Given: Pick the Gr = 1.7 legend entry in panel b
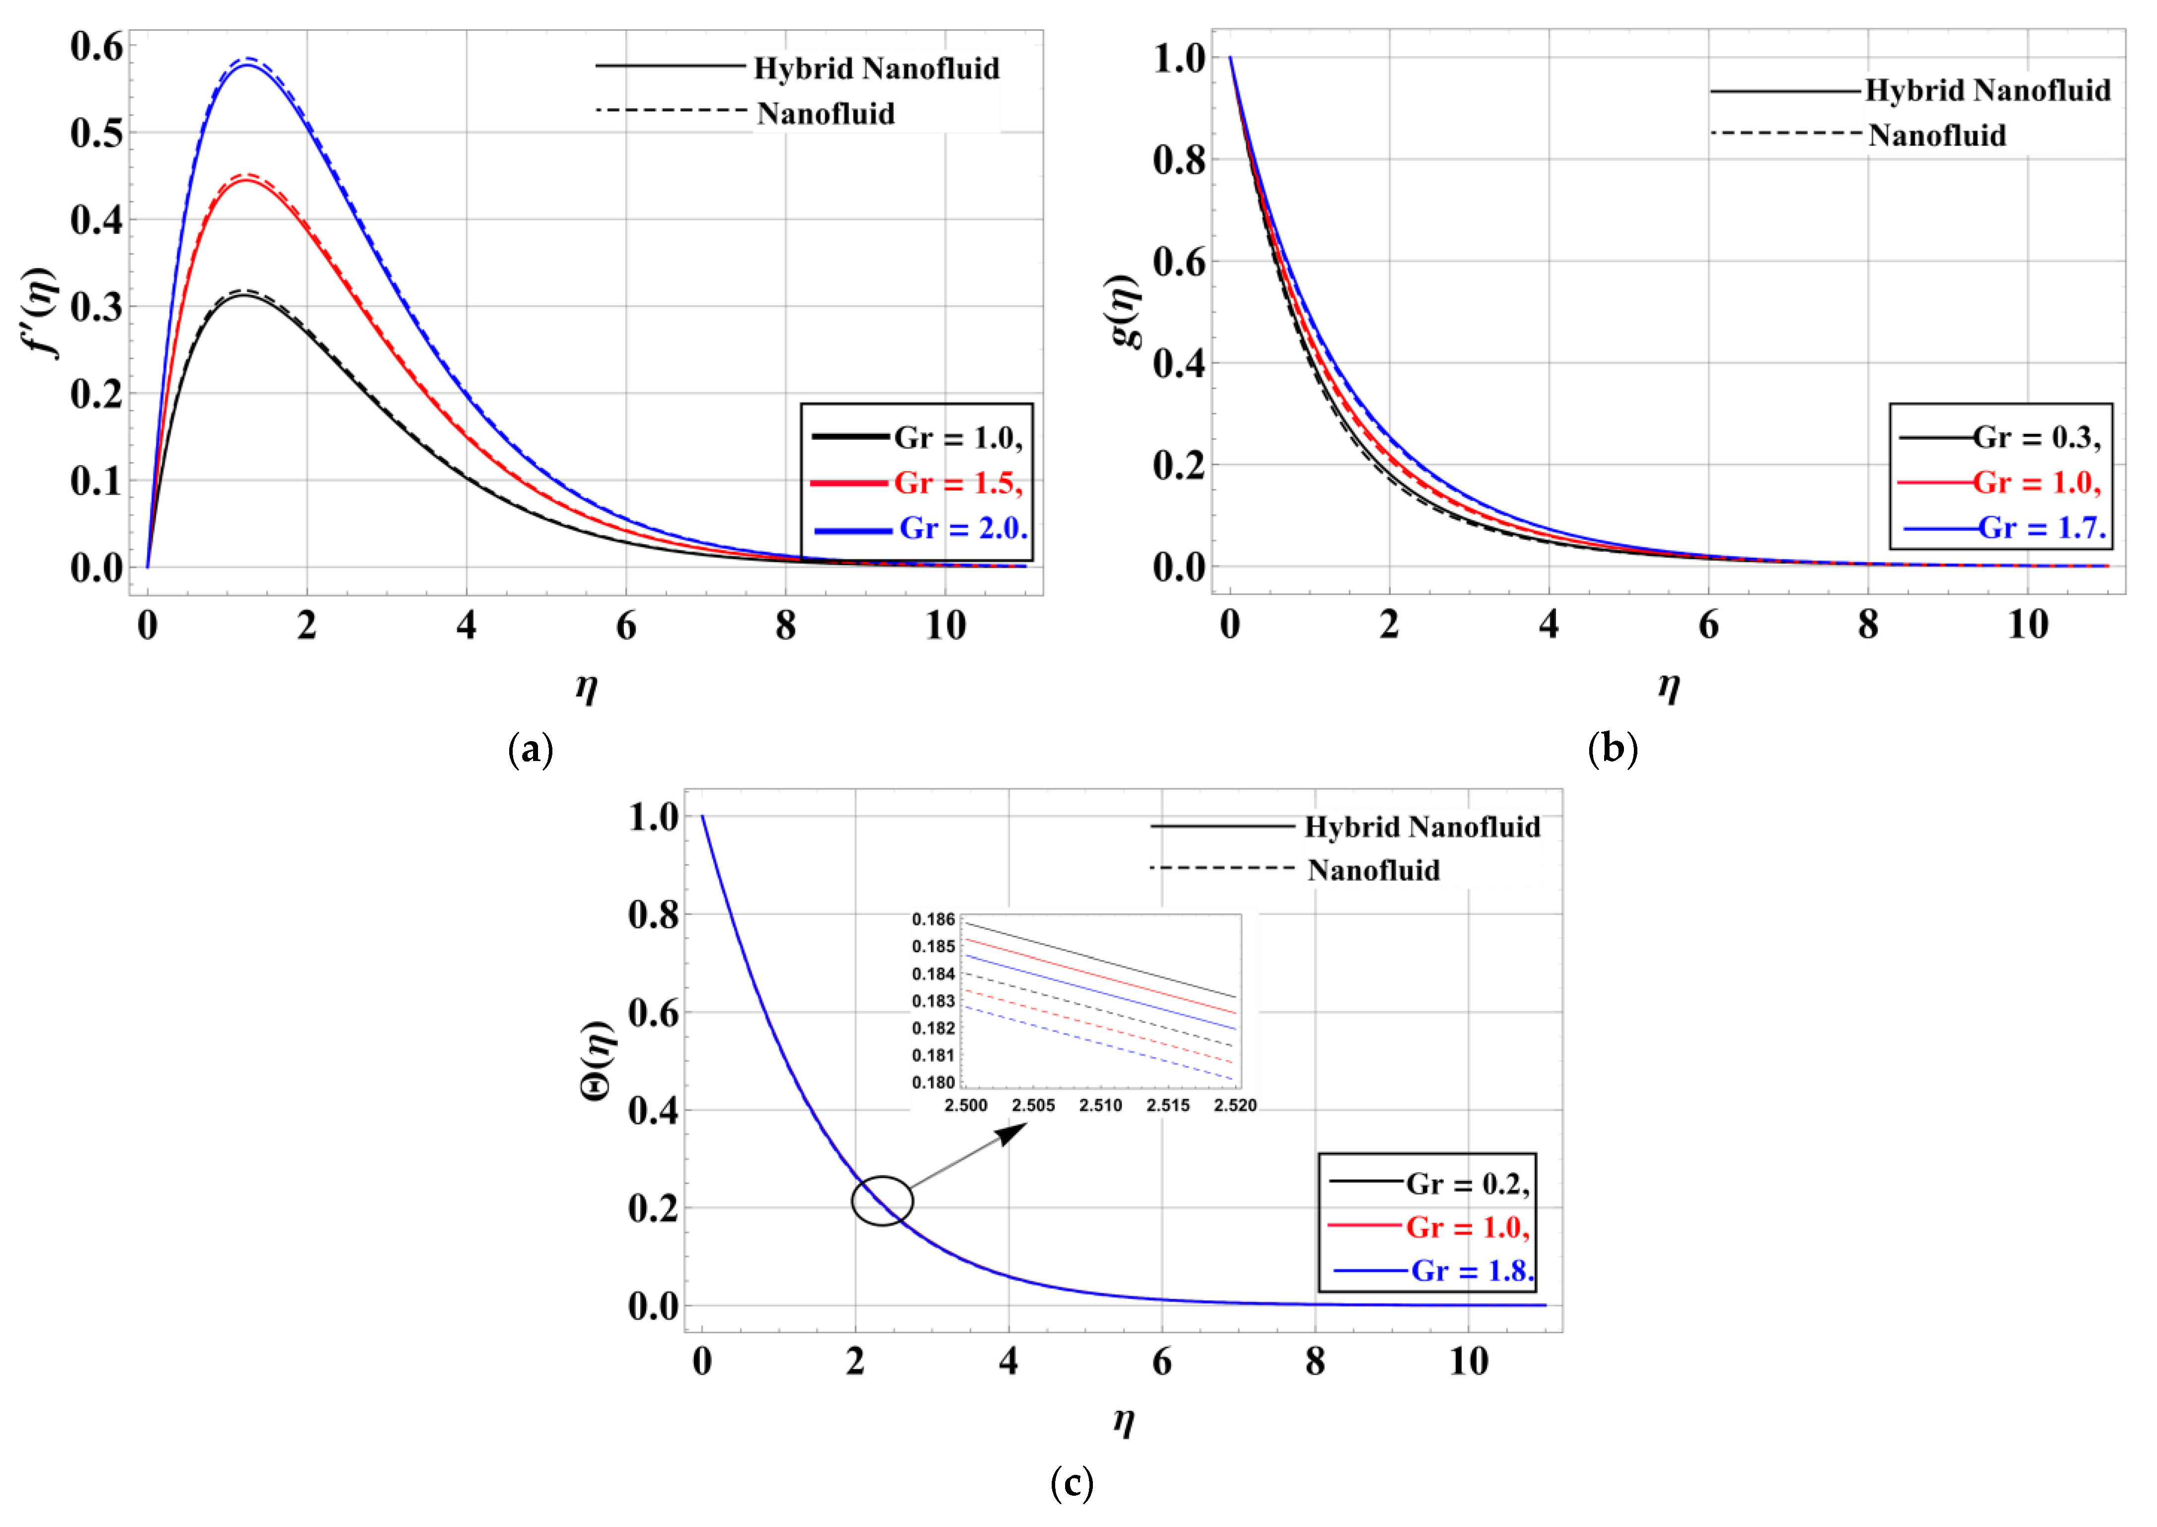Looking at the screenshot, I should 2041,528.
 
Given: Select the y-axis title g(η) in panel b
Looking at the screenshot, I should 1125,311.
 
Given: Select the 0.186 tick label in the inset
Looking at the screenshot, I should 933,919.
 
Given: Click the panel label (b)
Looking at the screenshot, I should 1612,750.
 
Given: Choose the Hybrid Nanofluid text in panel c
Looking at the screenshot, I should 1422,828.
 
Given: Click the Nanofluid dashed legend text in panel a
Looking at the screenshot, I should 825,114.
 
